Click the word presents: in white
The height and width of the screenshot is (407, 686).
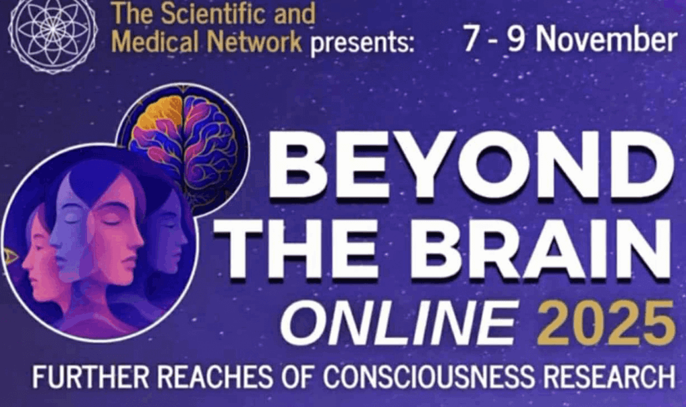(x=362, y=44)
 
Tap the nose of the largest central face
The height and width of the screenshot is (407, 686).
(x=137, y=239)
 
